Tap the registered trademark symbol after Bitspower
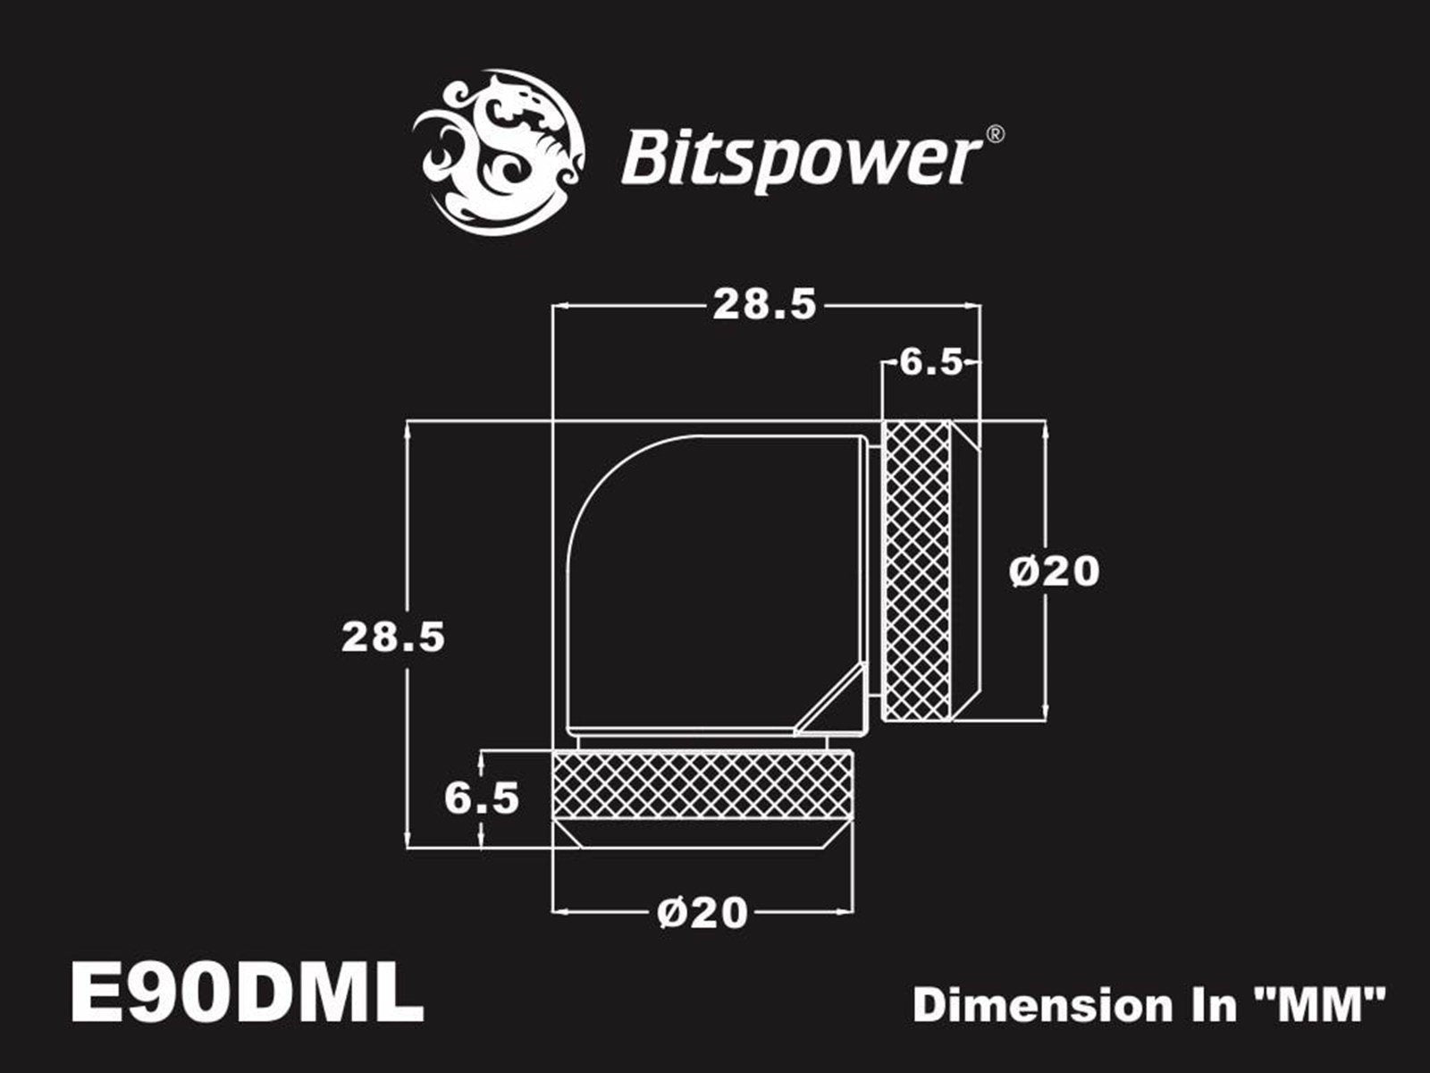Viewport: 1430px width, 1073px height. pyautogui.click(x=994, y=135)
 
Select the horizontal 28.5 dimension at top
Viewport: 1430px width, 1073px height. pyautogui.click(x=764, y=306)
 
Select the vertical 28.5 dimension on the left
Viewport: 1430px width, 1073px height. pyautogui.click(x=393, y=638)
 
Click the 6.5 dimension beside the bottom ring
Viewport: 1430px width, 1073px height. pyautogui.click(x=482, y=798)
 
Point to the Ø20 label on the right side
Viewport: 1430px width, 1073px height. pyautogui.click(x=1055, y=571)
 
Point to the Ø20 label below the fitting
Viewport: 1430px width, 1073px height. pyautogui.click(x=702, y=913)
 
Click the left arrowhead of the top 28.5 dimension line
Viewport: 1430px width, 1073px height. pyautogui.click(x=559, y=306)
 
